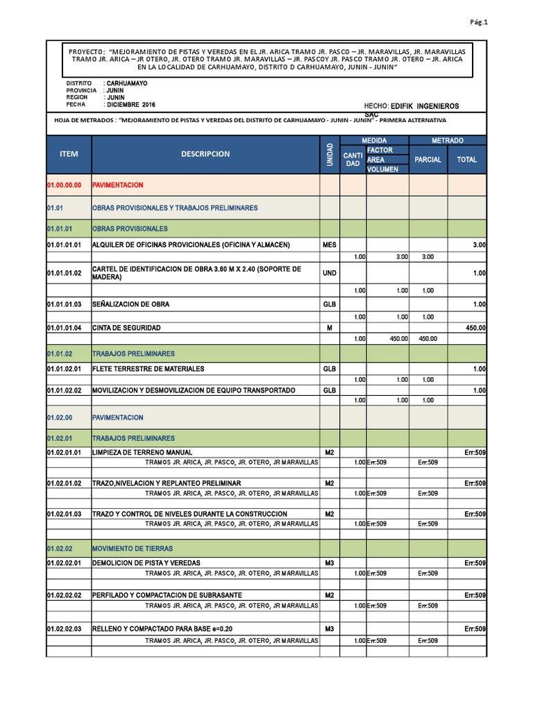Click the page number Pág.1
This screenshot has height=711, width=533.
(479, 22)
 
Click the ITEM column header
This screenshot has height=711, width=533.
(69, 154)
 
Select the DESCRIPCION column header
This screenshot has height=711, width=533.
(205, 154)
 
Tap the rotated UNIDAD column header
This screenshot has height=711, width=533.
(329, 154)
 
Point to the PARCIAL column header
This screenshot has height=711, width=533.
(428, 160)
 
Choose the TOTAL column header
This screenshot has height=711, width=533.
(466, 160)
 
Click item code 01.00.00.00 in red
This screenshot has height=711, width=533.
(64, 185)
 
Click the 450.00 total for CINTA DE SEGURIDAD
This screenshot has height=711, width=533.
(475, 328)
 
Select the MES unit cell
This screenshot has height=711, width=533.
(329, 245)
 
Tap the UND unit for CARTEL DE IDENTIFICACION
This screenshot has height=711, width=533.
(329, 274)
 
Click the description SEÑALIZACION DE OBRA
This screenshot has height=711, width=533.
(130, 304)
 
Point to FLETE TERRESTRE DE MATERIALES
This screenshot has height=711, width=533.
(149, 369)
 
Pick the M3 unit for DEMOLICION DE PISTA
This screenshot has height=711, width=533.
(329, 562)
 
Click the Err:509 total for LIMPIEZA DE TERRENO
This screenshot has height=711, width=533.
(475, 453)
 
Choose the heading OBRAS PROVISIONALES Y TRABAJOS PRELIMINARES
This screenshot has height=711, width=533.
(175, 208)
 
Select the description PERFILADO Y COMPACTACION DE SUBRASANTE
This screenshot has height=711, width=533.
(167, 596)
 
